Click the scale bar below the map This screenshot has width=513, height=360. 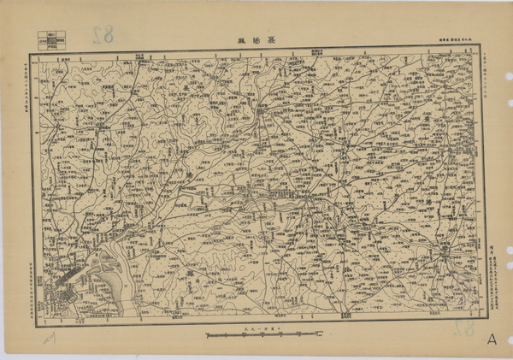(255, 335)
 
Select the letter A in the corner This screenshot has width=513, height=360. (492, 338)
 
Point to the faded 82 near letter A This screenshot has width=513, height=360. (463, 328)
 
